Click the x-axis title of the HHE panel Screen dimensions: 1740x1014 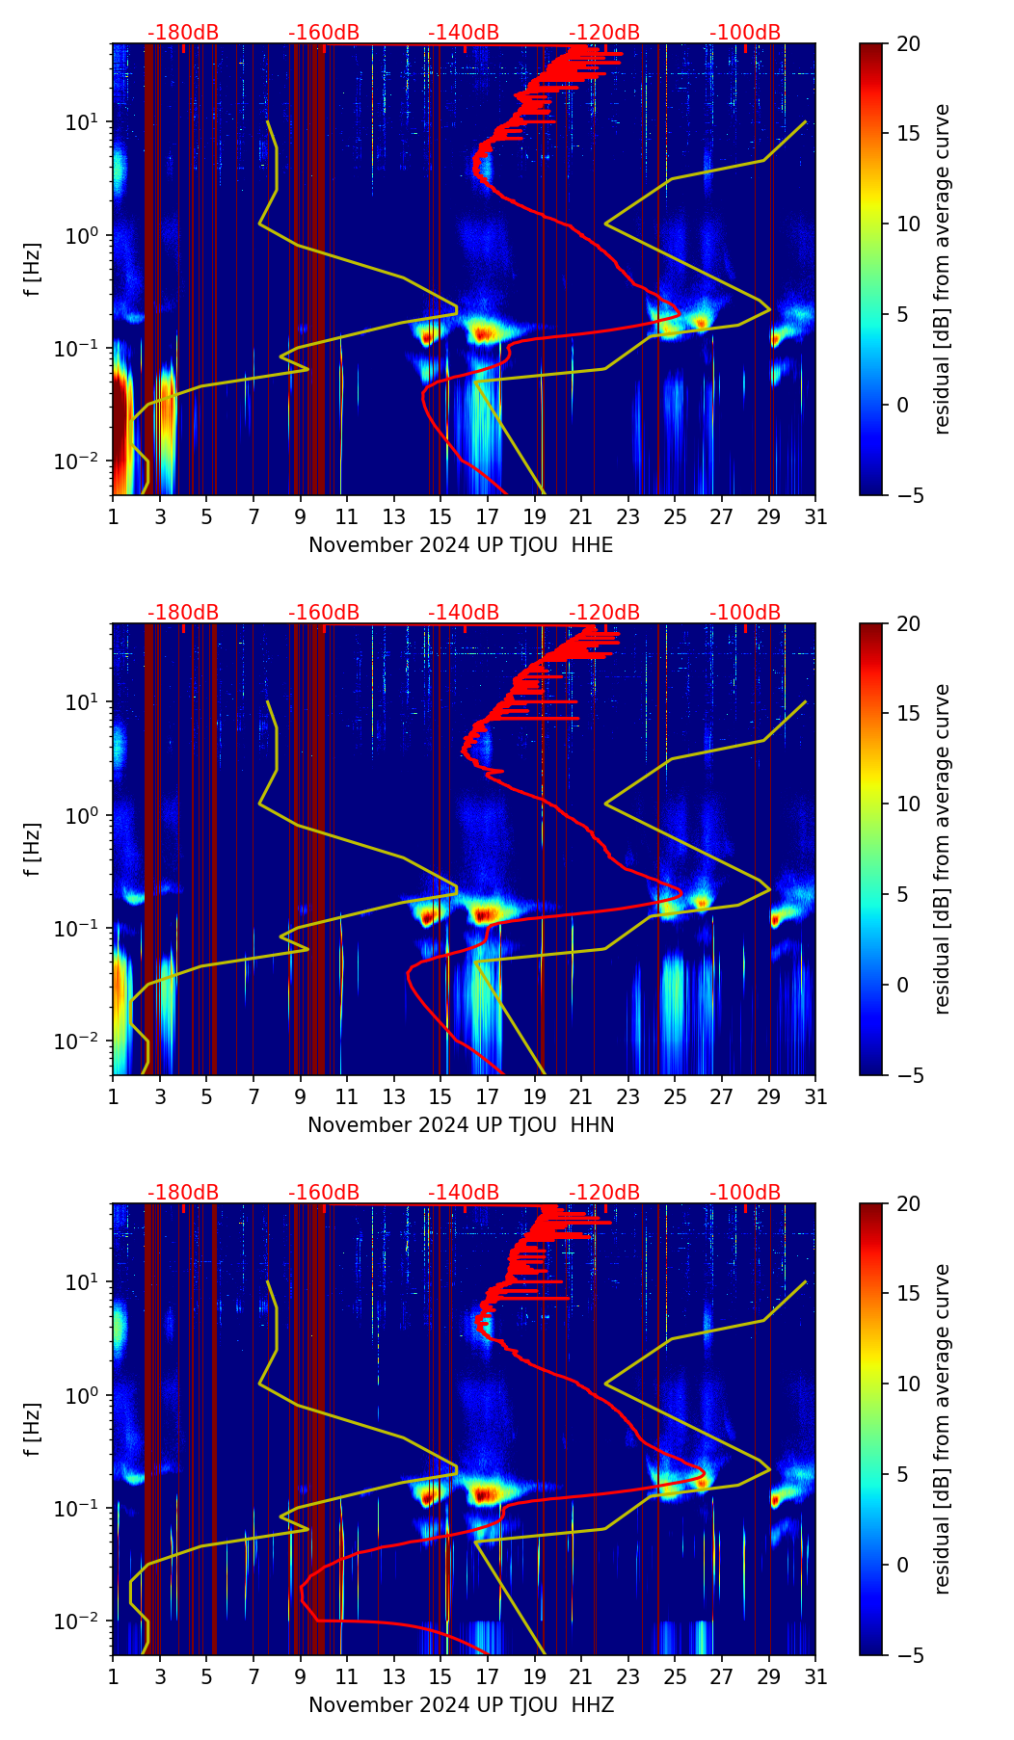pyautogui.click(x=461, y=545)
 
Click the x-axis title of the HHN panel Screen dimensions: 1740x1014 pyautogui.click(x=461, y=1125)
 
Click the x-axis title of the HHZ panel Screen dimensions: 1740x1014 pyautogui.click(x=461, y=1705)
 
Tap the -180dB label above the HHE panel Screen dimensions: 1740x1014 pyautogui.click(x=183, y=33)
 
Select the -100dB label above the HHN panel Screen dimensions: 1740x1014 pyautogui.click(x=745, y=613)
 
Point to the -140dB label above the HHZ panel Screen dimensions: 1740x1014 pyautogui.click(x=464, y=1193)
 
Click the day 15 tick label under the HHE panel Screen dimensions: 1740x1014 pyautogui.click(x=440, y=517)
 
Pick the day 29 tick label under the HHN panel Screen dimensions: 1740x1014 pyautogui.click(x=768, y=1097)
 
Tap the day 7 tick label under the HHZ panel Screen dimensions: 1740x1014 pyautogui.click(x=253, y=1677)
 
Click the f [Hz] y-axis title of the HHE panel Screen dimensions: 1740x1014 pyautogui.click(x=33, y=269)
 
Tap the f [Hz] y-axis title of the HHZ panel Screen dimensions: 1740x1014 pyautogui.click(x=33, y=1429)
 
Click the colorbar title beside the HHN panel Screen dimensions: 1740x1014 pyautogui.click(x=943, y=849)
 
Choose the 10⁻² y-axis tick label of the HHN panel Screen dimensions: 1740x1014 pyautogui.click(x=87, y=1041)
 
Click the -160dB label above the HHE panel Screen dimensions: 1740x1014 pyautogui.click(x=324, y=33)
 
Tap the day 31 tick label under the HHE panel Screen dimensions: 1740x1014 pyautogui.click(x=815, y=517)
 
